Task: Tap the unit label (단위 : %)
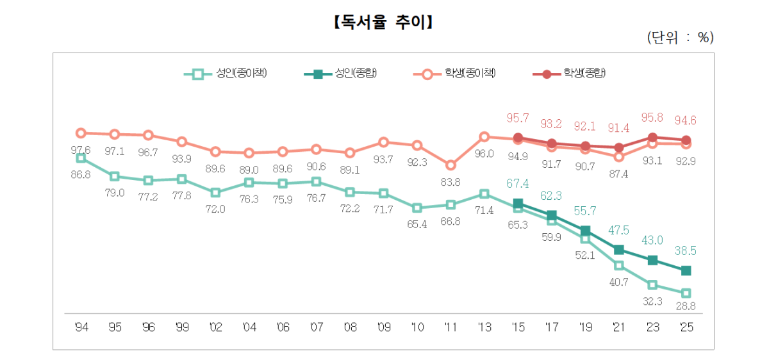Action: point(680,38)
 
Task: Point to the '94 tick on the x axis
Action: point(81,327)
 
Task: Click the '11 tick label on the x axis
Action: point(451,327)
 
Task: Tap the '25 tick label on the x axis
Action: point(686,327)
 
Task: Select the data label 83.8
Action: point(451,182)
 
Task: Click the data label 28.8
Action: point(686,307)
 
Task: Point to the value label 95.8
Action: point(652,118)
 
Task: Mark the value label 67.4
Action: point(518,184)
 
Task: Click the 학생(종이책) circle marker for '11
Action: point(451,165)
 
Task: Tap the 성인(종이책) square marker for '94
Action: point(81,158)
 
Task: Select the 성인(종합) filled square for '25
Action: point(686,270)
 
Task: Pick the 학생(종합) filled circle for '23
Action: point(652,137)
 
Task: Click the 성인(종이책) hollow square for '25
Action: point(686,293)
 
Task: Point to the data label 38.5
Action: point(686,251)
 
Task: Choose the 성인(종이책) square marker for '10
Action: point(417,208)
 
